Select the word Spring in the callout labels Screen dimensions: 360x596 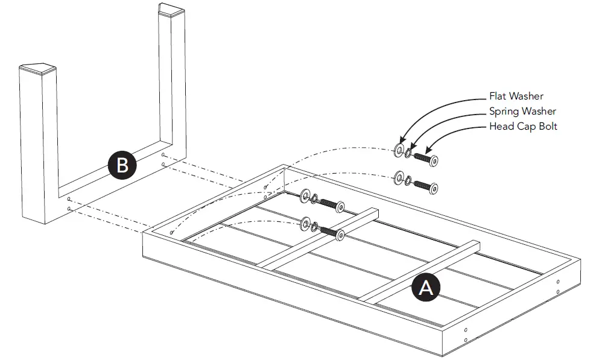(504, 112)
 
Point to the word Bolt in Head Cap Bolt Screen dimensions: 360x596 (547, 127)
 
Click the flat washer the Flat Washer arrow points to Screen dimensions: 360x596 (399, 149)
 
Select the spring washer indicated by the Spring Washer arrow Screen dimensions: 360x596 (409, 154)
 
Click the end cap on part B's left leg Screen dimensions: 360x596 (38, 67)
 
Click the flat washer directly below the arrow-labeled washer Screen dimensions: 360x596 (399, 177)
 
